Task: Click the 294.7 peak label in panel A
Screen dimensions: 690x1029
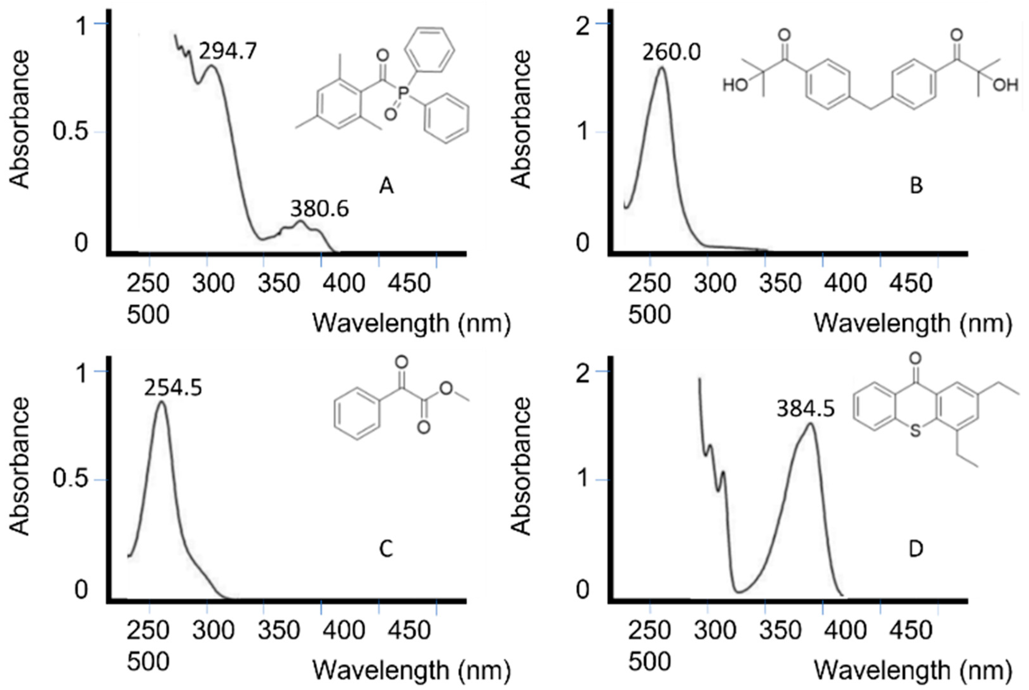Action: tap(227, 51)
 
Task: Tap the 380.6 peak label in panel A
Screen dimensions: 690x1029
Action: tap(319, 208)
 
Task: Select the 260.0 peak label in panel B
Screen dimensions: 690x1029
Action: tap(672, 52)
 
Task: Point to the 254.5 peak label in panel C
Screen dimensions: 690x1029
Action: tap(173, 388)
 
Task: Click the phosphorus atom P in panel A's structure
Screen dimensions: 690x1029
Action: tap(403, 93)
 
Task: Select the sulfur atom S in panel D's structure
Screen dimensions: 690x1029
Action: tap(915, 431)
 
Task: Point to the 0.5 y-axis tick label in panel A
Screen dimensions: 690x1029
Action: tap(70, 132)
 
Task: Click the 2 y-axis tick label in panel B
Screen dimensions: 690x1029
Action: tap(583, 26)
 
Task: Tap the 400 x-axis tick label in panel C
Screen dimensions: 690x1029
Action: tap(344, 630)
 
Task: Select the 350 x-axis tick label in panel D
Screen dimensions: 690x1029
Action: tap(781, 630)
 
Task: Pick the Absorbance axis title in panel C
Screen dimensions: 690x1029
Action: tap(19, 467)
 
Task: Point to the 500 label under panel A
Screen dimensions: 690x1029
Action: tap(148, 315)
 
